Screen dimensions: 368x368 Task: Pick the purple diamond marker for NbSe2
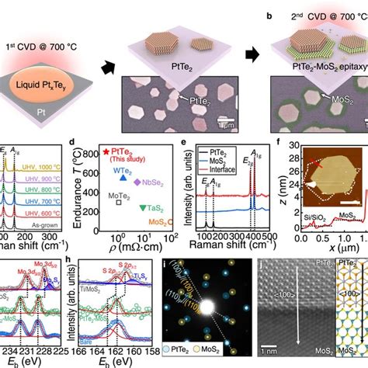[138, 182]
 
